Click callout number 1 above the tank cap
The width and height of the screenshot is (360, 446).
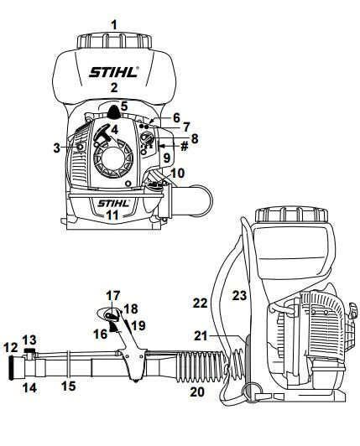point(114,25)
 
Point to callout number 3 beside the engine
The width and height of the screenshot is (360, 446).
point(56,148)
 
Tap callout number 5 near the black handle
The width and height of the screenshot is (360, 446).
point(124,107)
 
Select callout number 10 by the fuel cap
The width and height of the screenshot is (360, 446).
point(177,174)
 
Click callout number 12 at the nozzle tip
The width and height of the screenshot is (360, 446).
point(10,346)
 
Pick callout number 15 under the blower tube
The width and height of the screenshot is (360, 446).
point(70,386)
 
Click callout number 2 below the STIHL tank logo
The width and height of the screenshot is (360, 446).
point(114,87)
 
